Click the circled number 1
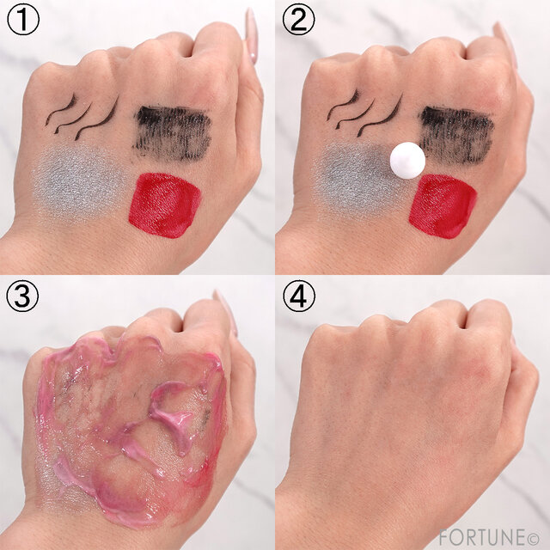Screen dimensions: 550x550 (x=23, y=20)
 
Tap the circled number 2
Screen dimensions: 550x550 (x=299, y=20)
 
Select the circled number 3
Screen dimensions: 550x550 (x=22, y=296)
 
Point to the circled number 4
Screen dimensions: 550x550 (x=299, y=296)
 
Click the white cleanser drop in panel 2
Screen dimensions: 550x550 (x=407, y=161)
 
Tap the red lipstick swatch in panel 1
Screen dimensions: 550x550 (x=164, y=205)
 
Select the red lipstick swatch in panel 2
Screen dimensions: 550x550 (x=443, y=206)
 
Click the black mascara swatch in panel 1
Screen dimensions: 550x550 (x=172, y=132)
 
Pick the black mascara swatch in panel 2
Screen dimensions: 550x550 (x=456, y=132)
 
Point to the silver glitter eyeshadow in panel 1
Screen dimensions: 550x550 (x=78, y=183)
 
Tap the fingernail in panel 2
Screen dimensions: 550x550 (x=506, y=44)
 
